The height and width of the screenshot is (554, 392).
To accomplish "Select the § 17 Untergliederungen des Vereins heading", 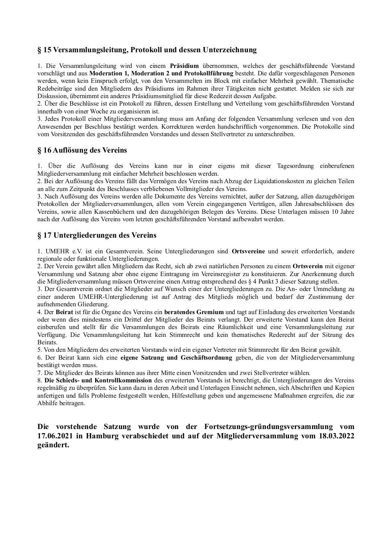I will point(97,235).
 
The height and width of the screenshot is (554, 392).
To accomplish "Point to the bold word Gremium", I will point(210,312).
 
